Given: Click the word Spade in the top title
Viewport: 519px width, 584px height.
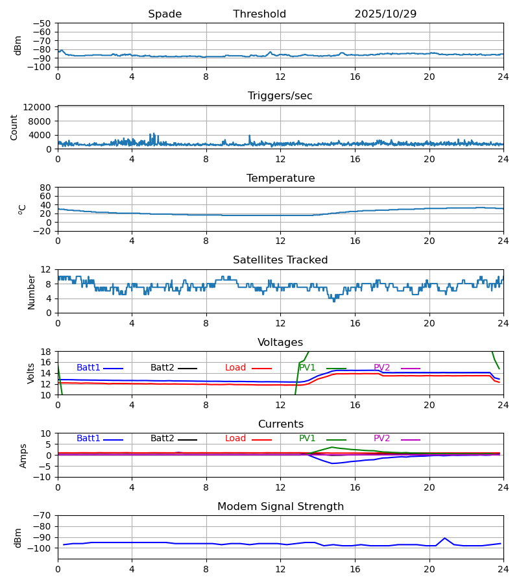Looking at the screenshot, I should click(165, 14).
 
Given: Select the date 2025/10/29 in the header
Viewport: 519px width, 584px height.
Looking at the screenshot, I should click(385, 14).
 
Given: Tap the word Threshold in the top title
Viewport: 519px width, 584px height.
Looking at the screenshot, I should click(259, 14).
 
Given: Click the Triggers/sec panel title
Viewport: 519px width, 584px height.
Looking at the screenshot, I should click(280, 96).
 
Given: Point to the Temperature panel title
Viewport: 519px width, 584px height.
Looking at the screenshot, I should click(280, 178).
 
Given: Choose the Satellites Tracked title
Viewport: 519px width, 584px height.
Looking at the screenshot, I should click(280, 260).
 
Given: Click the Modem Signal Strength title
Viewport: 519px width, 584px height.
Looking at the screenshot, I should click(280, 507).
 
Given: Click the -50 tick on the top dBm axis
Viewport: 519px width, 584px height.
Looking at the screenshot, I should click(42, 23).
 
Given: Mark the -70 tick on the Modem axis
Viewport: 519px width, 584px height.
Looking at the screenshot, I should click(42, 516).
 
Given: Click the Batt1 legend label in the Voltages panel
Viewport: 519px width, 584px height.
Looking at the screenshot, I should click(88, 368).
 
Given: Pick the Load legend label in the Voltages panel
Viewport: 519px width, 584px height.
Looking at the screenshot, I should click(235, 368).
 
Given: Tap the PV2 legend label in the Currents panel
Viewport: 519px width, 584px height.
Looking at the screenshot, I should click(381, 439).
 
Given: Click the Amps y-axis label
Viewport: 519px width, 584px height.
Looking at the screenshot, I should click(24, 456).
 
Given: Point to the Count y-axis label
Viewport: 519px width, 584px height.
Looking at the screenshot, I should click(14, 127).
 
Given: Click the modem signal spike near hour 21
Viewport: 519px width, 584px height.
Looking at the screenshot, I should click(444, 538).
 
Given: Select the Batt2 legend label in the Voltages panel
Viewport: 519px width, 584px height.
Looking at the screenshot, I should click(162, 368).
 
